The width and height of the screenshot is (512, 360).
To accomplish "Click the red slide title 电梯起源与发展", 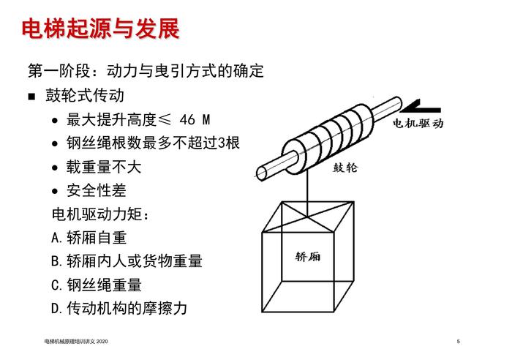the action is (101, 29).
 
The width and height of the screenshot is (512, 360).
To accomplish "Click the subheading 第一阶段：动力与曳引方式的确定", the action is (146, 71).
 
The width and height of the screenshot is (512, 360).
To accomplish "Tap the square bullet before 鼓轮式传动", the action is (31, 97).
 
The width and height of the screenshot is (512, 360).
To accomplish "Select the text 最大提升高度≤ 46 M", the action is (138, 119).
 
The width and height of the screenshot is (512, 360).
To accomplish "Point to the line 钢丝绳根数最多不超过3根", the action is (153, 143).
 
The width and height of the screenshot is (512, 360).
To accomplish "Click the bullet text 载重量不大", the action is (104, 167).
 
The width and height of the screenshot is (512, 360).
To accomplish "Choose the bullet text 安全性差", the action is (97, 190).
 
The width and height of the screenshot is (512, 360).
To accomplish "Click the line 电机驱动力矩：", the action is (100, 214).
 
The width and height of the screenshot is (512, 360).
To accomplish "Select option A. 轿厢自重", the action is (89, 238).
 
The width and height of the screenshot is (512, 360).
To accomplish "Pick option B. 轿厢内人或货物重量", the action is (127, 261).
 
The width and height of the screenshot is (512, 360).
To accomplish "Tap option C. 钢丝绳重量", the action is (97, 285).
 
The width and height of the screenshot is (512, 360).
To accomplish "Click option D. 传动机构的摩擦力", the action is (119, 308).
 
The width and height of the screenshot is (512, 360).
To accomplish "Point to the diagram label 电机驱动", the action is (418, 124).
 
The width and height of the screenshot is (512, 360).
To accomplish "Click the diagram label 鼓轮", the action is (345, 168).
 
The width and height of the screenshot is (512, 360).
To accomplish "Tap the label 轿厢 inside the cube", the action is (308, 256).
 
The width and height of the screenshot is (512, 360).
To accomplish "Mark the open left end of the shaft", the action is (262, 173).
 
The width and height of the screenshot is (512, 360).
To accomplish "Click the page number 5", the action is (459, 342).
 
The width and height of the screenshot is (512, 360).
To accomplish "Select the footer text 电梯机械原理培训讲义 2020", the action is (76, 342).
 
